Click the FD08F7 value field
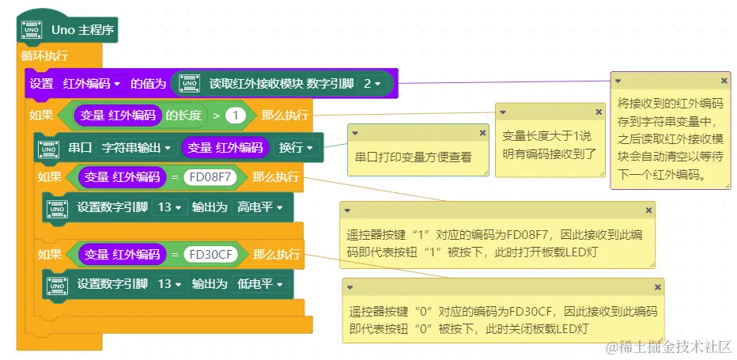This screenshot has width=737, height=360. pos(210,177)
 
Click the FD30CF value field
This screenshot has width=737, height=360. pos(210,254)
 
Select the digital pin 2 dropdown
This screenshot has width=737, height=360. pos(372,83)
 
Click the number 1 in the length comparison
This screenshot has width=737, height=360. pos(235,116)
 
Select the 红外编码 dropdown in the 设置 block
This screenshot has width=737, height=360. pos(92,83)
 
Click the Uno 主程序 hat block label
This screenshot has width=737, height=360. pos(82,31)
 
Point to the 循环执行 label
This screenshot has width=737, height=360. pos(44,55)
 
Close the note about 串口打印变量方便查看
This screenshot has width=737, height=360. pos(482,133)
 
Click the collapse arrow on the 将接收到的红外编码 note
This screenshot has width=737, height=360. pos(618,81)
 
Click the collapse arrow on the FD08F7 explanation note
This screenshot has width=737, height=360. pos(347,210)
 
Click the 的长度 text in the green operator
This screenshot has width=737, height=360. pos(183,116)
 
